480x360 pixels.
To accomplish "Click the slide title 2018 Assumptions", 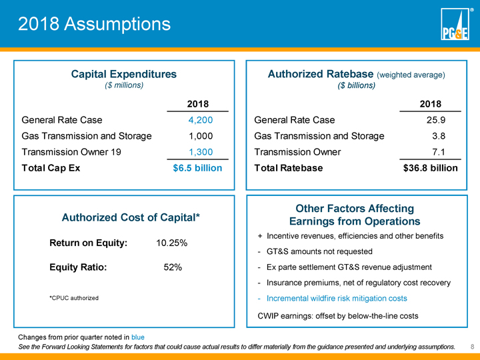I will click(x=94, y=25).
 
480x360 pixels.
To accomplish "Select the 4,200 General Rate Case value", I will click(x=197, y=121).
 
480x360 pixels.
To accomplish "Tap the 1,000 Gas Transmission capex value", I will click(x=197, y=136).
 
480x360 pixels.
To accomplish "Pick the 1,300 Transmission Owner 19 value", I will click(x=197, y=152).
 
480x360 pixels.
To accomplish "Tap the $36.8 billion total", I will click(x=431, y=168).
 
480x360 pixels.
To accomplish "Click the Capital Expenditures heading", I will click(x=124, y=74).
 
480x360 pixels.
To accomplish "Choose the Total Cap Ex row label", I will click(x=51, y=168).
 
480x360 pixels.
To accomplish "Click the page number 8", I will click(x=471, y=347).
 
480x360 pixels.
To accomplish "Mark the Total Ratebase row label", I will click(x=289, y=168).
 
